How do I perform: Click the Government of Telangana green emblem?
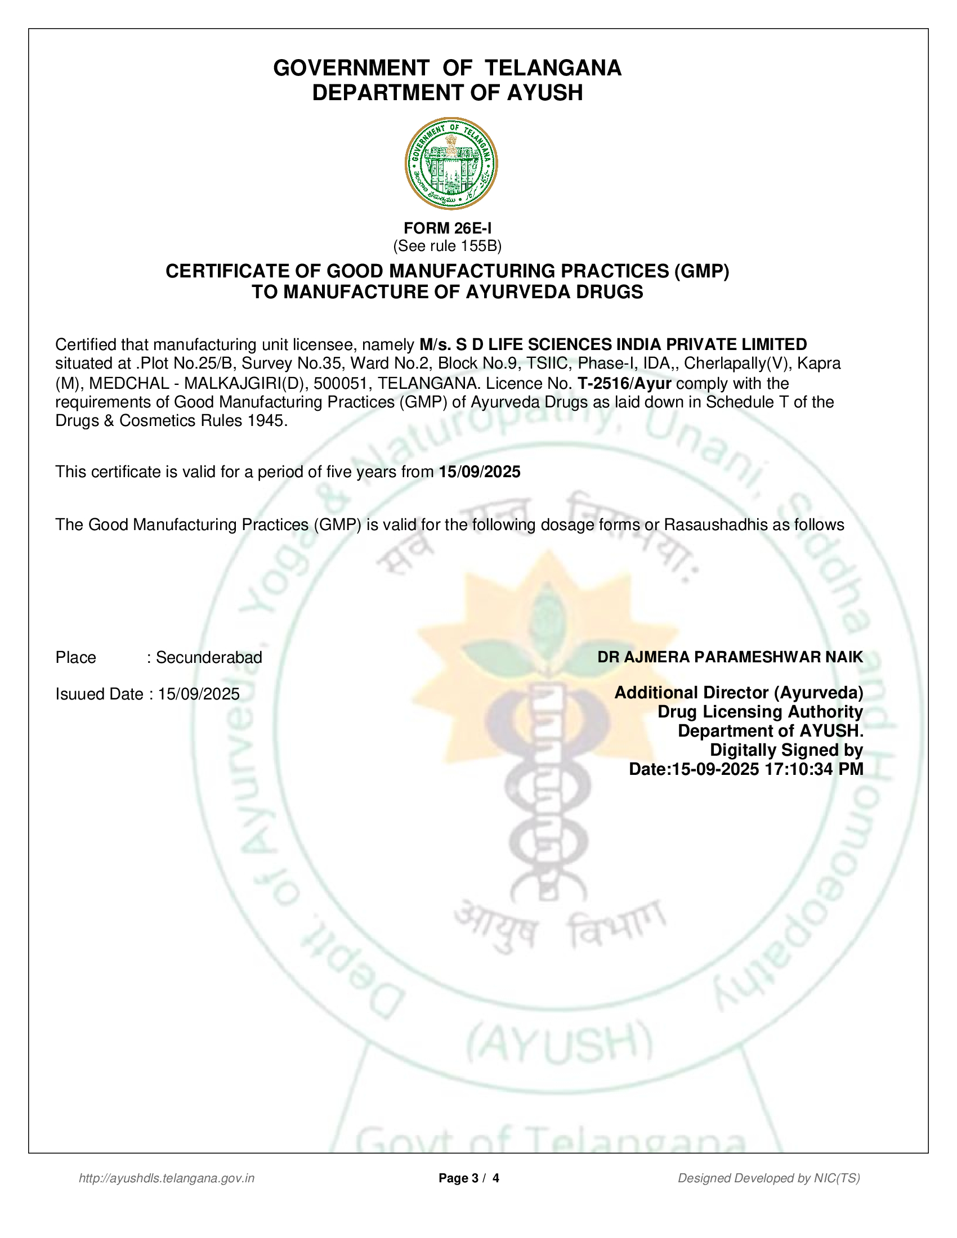pyautogui.click(x=451, y=163)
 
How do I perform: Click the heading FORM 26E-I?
pyautogui.click(x=448, y=228)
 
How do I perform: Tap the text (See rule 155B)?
pyautogui.click(x=448, y=246)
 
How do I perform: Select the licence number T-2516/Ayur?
pyautogui.click(x=624, y=383)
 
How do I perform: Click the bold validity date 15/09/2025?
pyautogui.click(x=480, y=472)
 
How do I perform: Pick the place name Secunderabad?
pyautogui.click(x=209, y=657)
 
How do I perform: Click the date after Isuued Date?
pyautogui.click(x=198, y=694)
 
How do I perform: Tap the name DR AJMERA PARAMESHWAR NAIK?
pyautogui.click(x=730, y=657)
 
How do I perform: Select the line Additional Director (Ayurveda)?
pyautogui.click(x=739, y=693)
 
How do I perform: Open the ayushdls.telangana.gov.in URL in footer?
pyautogui.click(x=167, y=1178)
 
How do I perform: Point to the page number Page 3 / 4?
pyautogui.click(x=469, y=1178)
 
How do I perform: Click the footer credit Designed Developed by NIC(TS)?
pyautogui.click(x=769, y=1178)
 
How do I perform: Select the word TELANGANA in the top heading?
pyautogui.click(x=553, y=68)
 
